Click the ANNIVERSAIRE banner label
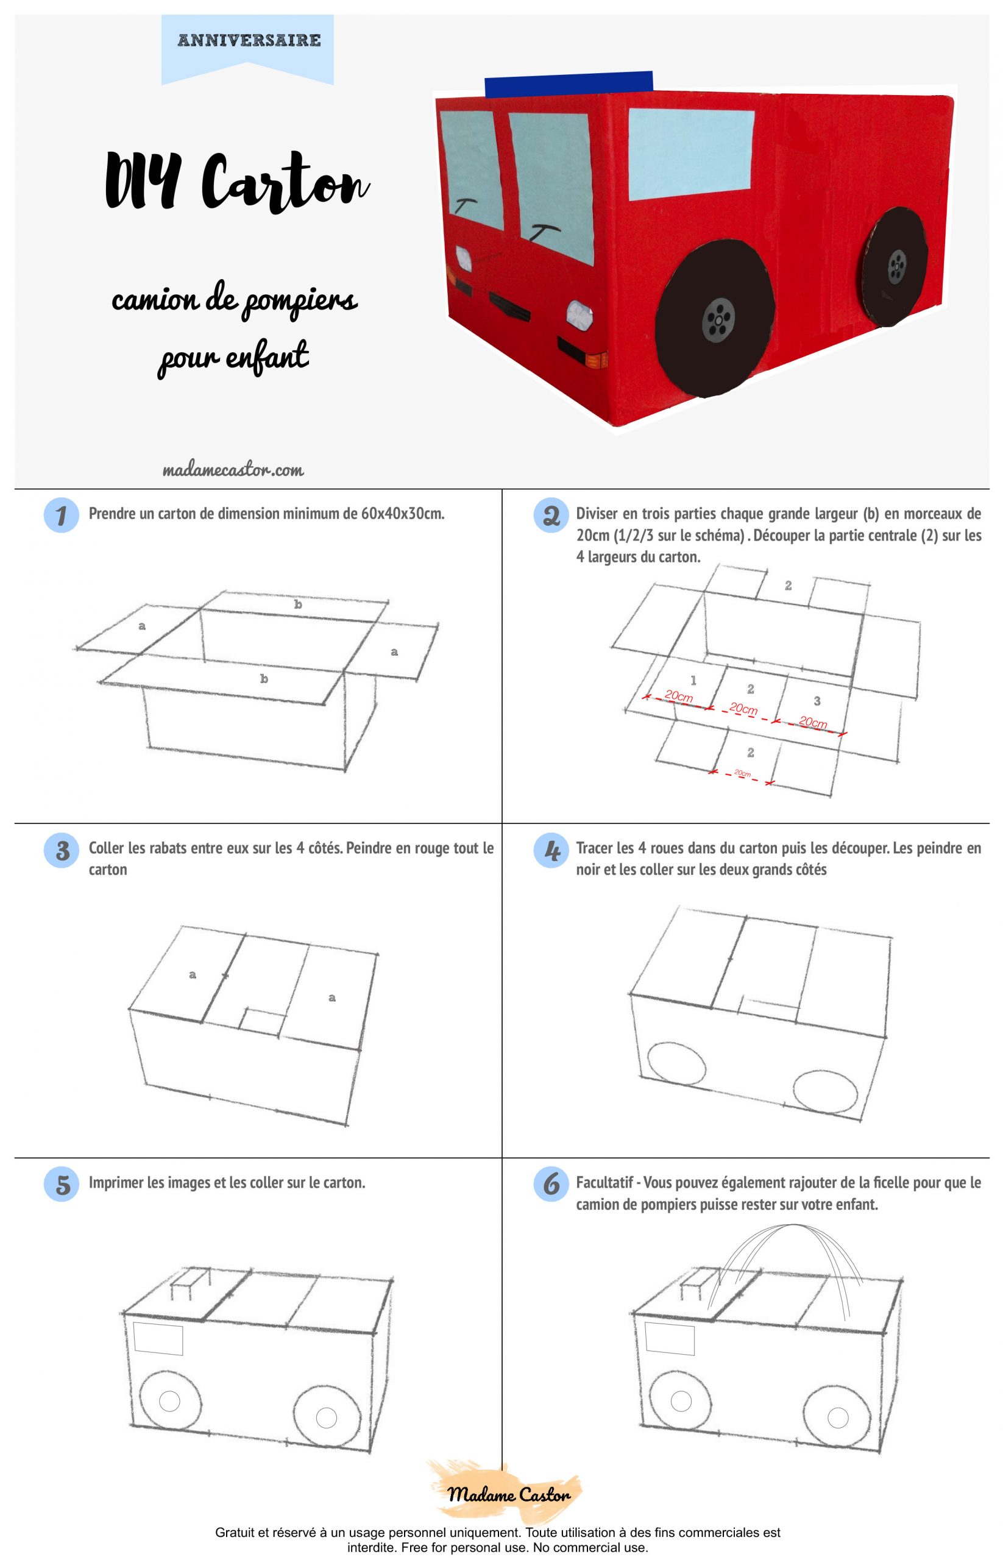249,40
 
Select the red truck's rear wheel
896,266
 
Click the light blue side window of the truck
691,154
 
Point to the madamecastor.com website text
233,470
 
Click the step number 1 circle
61,514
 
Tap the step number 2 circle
551,515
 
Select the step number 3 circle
61,850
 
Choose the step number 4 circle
551,850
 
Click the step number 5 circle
61,1184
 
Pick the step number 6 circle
551,1184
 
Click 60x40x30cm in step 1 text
403,513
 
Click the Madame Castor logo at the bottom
509,1494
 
